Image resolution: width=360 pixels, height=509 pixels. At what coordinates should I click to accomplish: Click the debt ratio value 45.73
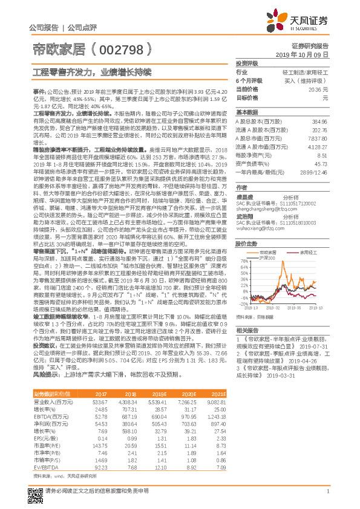point(321,163)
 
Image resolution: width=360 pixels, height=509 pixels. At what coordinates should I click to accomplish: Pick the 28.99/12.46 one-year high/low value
point(315,172)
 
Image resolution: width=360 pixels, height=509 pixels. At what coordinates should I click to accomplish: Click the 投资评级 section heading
point(247,63)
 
